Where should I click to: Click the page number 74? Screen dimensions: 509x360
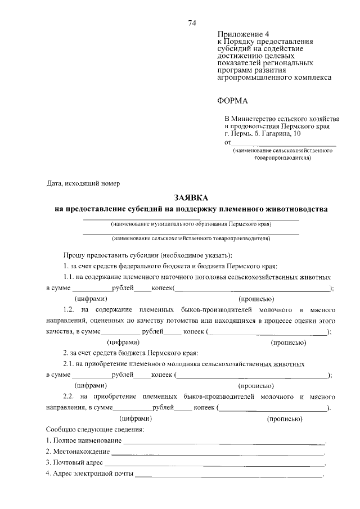coord(192,23)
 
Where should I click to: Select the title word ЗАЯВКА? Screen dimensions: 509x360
coord(191,198)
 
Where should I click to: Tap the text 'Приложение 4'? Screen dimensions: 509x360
coord(238,34)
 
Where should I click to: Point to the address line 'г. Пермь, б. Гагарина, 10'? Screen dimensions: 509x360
coord(262,134)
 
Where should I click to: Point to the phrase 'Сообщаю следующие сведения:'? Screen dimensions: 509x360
coord(94,429)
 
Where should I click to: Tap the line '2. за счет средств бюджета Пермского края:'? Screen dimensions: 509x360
coord(130,353)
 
